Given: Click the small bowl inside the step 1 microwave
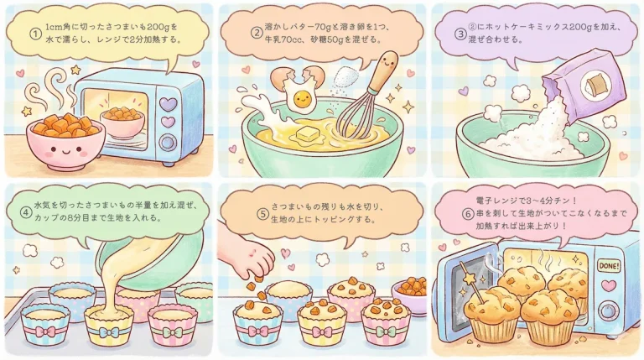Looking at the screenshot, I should (x=122, y=118).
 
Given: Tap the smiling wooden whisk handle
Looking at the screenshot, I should (x=387, y=68).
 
